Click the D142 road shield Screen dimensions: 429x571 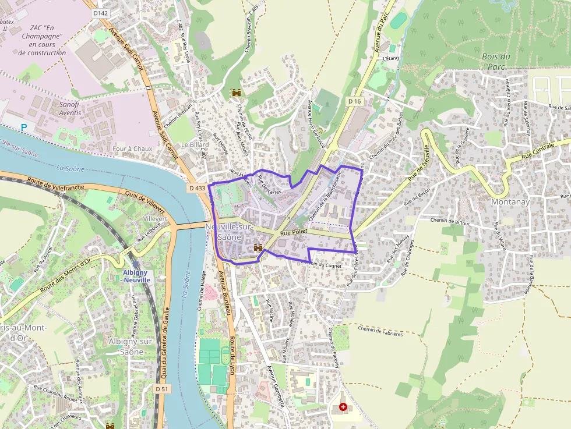pos(101,13)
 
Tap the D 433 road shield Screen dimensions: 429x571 pos(197,188)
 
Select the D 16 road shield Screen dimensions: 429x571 pos(355,101)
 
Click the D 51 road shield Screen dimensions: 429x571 pos(162,388)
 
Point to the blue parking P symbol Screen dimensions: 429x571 pos(24,127)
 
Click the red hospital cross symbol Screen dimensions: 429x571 pos(343,407)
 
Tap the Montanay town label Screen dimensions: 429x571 pos(510,201)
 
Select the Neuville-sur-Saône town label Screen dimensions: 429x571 pos(228,232)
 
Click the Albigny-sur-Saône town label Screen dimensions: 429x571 pos(132,346)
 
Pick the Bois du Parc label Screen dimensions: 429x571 pos(496,61)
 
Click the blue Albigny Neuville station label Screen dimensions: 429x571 pos(136,276)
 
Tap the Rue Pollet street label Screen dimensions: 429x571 pos(293,232)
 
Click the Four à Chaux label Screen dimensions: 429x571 pos(132,148)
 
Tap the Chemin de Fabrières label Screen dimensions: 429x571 pos(380,332)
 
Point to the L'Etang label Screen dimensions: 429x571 pos(390,58)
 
